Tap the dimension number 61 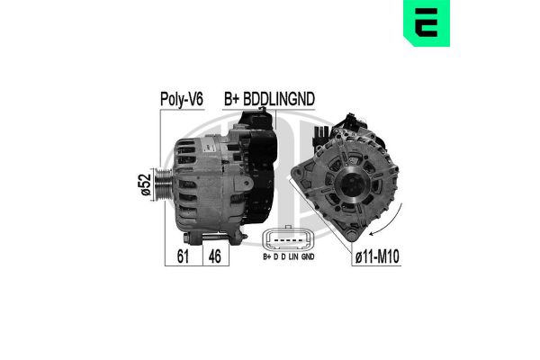(181, 256)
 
